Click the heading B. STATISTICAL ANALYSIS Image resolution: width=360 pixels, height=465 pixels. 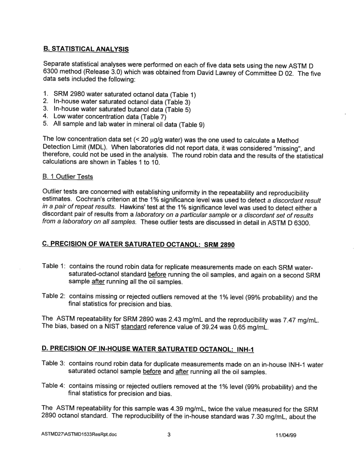pyautogui.click(x=86, y=49)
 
